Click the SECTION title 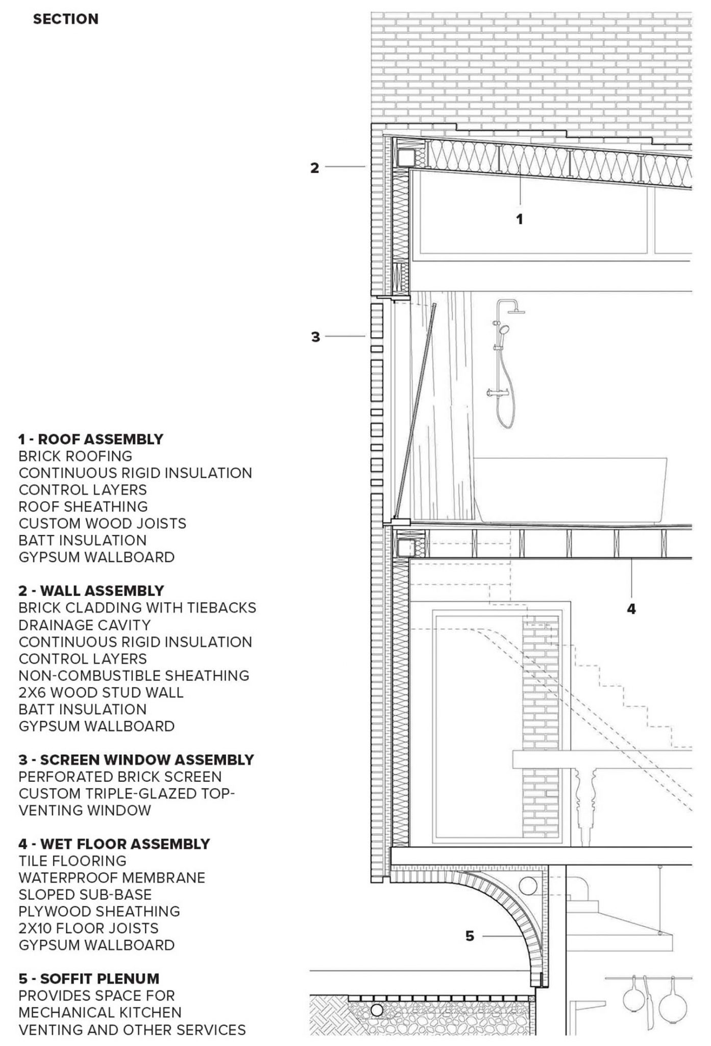coord(65,19)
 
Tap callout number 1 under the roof coord(520,219)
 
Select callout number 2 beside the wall coord(315,168)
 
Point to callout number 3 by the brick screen coord(315,337)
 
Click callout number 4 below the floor coord(631,609)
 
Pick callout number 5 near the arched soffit coord(470,936)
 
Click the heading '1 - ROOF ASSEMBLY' coord(91,439)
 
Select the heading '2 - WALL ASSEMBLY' coord(91,591)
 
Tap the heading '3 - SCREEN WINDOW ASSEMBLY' coord(136,760)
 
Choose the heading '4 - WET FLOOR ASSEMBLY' coord(114,844)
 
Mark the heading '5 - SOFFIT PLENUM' coord(89,979)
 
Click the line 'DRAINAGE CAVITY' coord(85,625)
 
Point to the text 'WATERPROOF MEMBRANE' coord(112,878)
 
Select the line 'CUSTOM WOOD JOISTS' coord(102,524)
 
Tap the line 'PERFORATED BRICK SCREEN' coord(120,777)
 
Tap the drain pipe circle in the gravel coord(377,1010)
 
